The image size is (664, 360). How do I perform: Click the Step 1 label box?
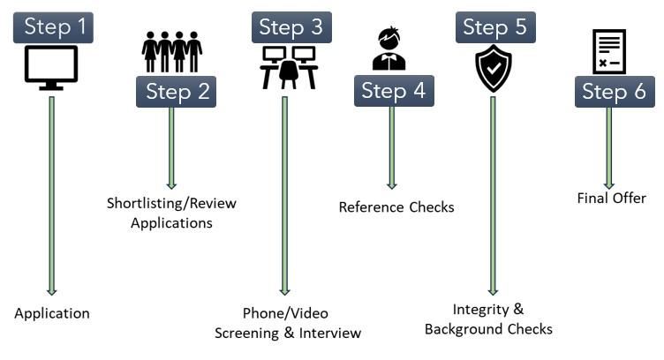[56, 26]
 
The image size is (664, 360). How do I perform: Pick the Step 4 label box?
[394, 91]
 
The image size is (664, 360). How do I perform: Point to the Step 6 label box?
[615, 91]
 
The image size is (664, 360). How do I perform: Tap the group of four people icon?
[172, 52]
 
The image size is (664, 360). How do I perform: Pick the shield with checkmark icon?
[493, 70]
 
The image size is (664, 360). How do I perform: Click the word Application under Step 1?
[52, 313]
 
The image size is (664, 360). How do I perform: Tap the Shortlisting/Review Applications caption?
[172, 214]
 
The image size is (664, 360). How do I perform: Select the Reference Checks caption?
[396, 207]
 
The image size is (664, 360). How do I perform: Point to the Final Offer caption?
[610, 199]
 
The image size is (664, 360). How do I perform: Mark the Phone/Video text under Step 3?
[284, 314]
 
